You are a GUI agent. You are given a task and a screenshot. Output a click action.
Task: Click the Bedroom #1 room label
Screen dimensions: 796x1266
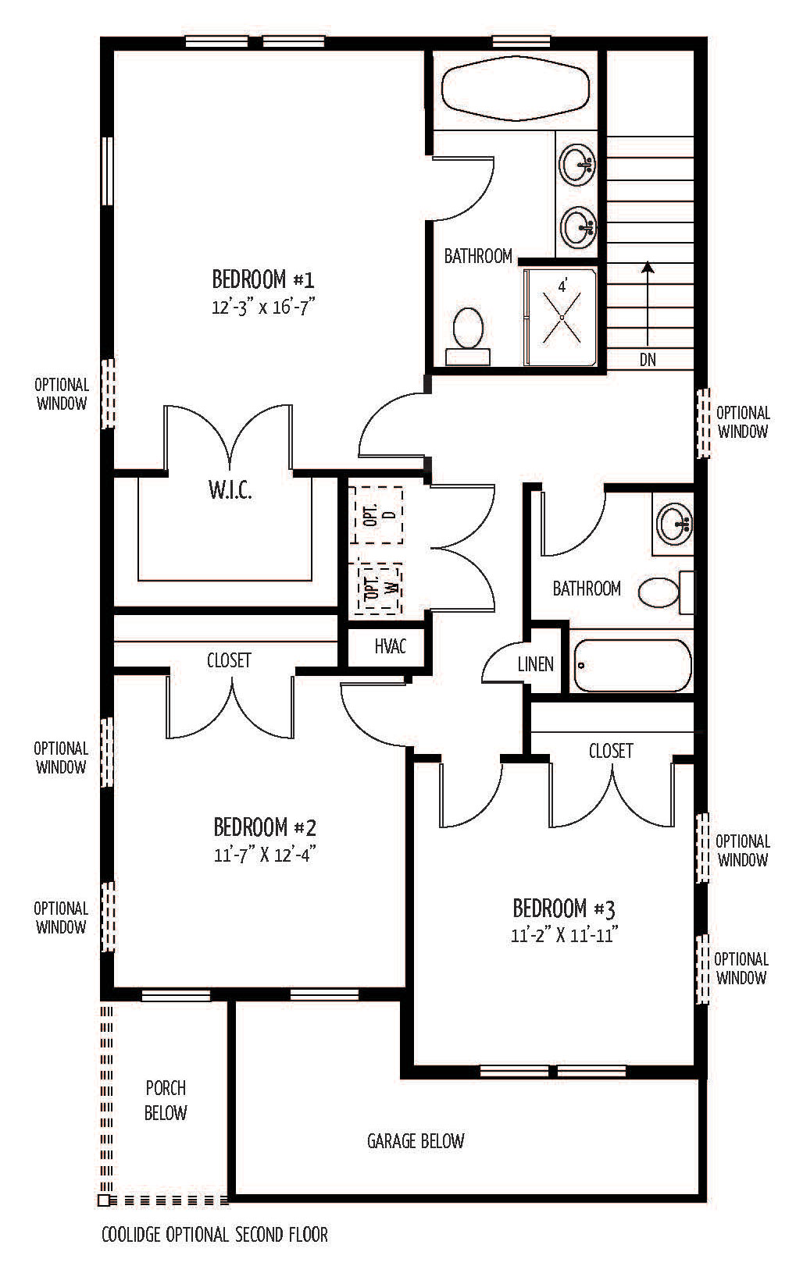[263, 279]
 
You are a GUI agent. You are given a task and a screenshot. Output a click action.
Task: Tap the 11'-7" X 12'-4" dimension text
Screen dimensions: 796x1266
[264, 855]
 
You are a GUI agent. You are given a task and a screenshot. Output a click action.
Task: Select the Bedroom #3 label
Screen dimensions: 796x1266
[564, 909]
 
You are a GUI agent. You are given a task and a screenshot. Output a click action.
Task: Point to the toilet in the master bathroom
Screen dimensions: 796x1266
[468, 336]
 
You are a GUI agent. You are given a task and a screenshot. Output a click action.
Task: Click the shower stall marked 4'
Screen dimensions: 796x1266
[561, 318]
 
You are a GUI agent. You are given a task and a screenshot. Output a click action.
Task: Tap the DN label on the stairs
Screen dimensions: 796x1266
[648, 360]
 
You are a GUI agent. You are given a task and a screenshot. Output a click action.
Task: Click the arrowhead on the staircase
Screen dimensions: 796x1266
[648, 268]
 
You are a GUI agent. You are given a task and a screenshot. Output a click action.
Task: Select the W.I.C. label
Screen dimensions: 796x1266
[230, 490]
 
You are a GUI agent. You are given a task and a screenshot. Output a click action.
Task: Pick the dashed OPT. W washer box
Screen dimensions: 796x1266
[375, 588]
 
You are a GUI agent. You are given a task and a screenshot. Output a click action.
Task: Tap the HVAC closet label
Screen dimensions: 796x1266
[391, 646]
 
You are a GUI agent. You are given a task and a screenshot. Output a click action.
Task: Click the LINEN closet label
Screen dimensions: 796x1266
[535, 664]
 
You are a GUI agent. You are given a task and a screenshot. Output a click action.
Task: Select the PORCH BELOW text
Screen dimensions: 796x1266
[166, 1101]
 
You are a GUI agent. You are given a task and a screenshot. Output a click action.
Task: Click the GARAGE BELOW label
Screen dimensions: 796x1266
[416, 1141]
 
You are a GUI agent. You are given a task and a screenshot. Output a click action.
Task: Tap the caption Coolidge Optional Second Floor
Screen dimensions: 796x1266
[214, 1234]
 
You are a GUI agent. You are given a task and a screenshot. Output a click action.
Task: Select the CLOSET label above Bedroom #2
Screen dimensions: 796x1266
[229, 660]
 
